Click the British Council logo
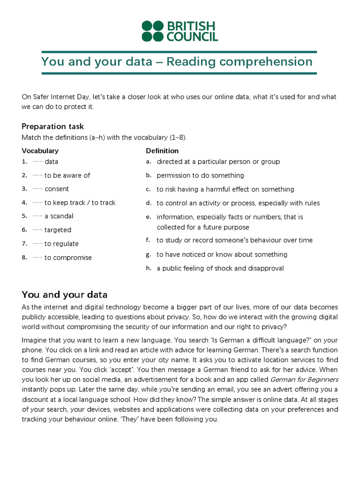click(180, 31)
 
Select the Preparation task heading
click(52, 127)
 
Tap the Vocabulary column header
click(40, 151)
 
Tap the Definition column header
click(162, 151)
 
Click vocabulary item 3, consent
click(57, 189)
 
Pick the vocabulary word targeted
click(58, 230)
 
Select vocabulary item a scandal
click(59, 216)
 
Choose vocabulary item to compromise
click(68, 258)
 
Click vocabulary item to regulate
click(61, 244)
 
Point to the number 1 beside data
click(24, 162)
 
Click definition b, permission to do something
click(200, 175)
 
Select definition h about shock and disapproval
click(220, 269)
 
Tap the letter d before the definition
click(148, 203)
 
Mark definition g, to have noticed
click(222, 255)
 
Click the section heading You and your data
click(65, 295)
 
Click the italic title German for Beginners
click(304, 379)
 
